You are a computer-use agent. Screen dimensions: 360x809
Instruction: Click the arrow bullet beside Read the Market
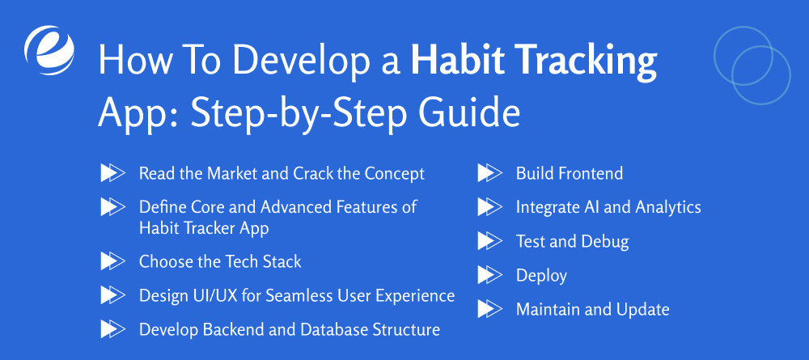tap(112, 173)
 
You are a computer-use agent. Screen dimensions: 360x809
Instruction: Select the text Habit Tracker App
tap(204, 228)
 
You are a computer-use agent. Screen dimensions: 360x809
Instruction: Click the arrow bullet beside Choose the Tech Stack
tap(112, 261)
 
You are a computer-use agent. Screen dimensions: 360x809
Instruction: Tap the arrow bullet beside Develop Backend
tap(112, 329)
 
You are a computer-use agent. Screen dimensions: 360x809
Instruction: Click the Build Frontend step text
tap(570, 173)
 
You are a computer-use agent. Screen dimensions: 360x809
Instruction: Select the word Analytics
tap(668, 207)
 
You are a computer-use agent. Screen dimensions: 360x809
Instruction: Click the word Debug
tap(604, 241)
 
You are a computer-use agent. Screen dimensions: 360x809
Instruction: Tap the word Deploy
tap(541, 275)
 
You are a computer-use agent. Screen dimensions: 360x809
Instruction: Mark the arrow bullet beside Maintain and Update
tap(489, 309)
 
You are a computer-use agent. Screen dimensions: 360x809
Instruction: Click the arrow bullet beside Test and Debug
tap(489, 241)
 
